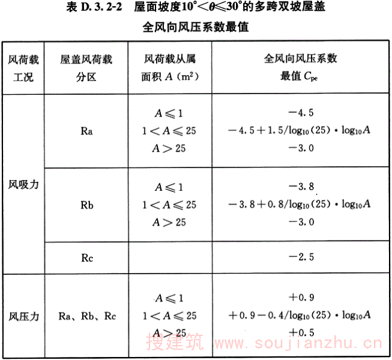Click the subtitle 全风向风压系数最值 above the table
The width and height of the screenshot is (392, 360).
196,27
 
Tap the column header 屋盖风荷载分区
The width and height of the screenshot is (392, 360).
86,68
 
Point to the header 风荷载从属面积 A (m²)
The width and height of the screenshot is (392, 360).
170,68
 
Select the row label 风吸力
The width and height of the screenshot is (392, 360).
23,185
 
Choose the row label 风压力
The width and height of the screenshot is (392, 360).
23,316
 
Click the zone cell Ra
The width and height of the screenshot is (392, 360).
86,130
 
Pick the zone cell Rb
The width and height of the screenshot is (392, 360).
86,204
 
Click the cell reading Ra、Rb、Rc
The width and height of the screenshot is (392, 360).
86,316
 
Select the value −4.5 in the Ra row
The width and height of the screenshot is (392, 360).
301,112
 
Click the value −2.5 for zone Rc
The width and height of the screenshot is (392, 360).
301,257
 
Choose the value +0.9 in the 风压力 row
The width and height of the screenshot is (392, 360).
301,297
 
